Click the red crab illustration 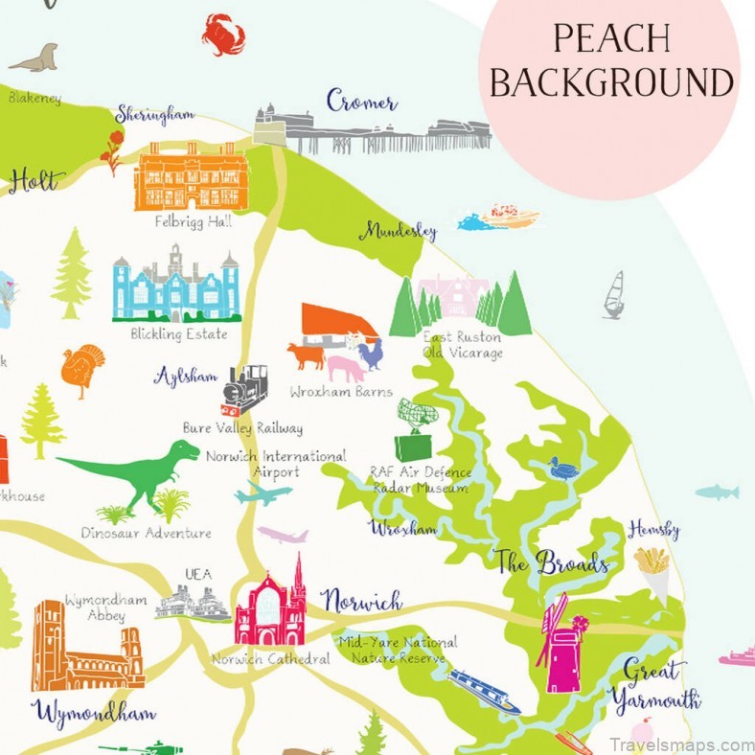point(223,34)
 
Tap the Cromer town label point(361,100)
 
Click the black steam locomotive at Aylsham point(244,387)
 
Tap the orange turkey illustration point(82,369)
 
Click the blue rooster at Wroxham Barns point(371,354)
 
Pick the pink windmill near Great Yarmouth point(562,643)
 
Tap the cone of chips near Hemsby point(653,568)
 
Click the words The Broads point(553,562)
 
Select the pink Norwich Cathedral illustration point(271,609)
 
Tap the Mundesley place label point(399,231)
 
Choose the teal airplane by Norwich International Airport point(262,495)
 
